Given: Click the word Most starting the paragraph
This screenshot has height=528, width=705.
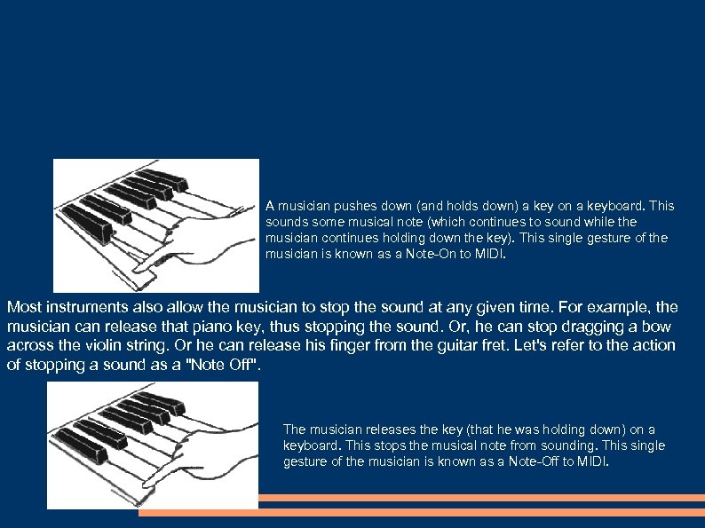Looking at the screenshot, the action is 24,307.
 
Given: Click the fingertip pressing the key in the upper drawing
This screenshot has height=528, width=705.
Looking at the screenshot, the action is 138,270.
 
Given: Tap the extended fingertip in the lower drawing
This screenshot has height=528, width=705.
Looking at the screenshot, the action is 146,485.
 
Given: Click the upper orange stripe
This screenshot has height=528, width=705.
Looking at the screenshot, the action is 481,498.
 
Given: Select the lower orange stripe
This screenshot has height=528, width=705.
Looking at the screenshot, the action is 422,513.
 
